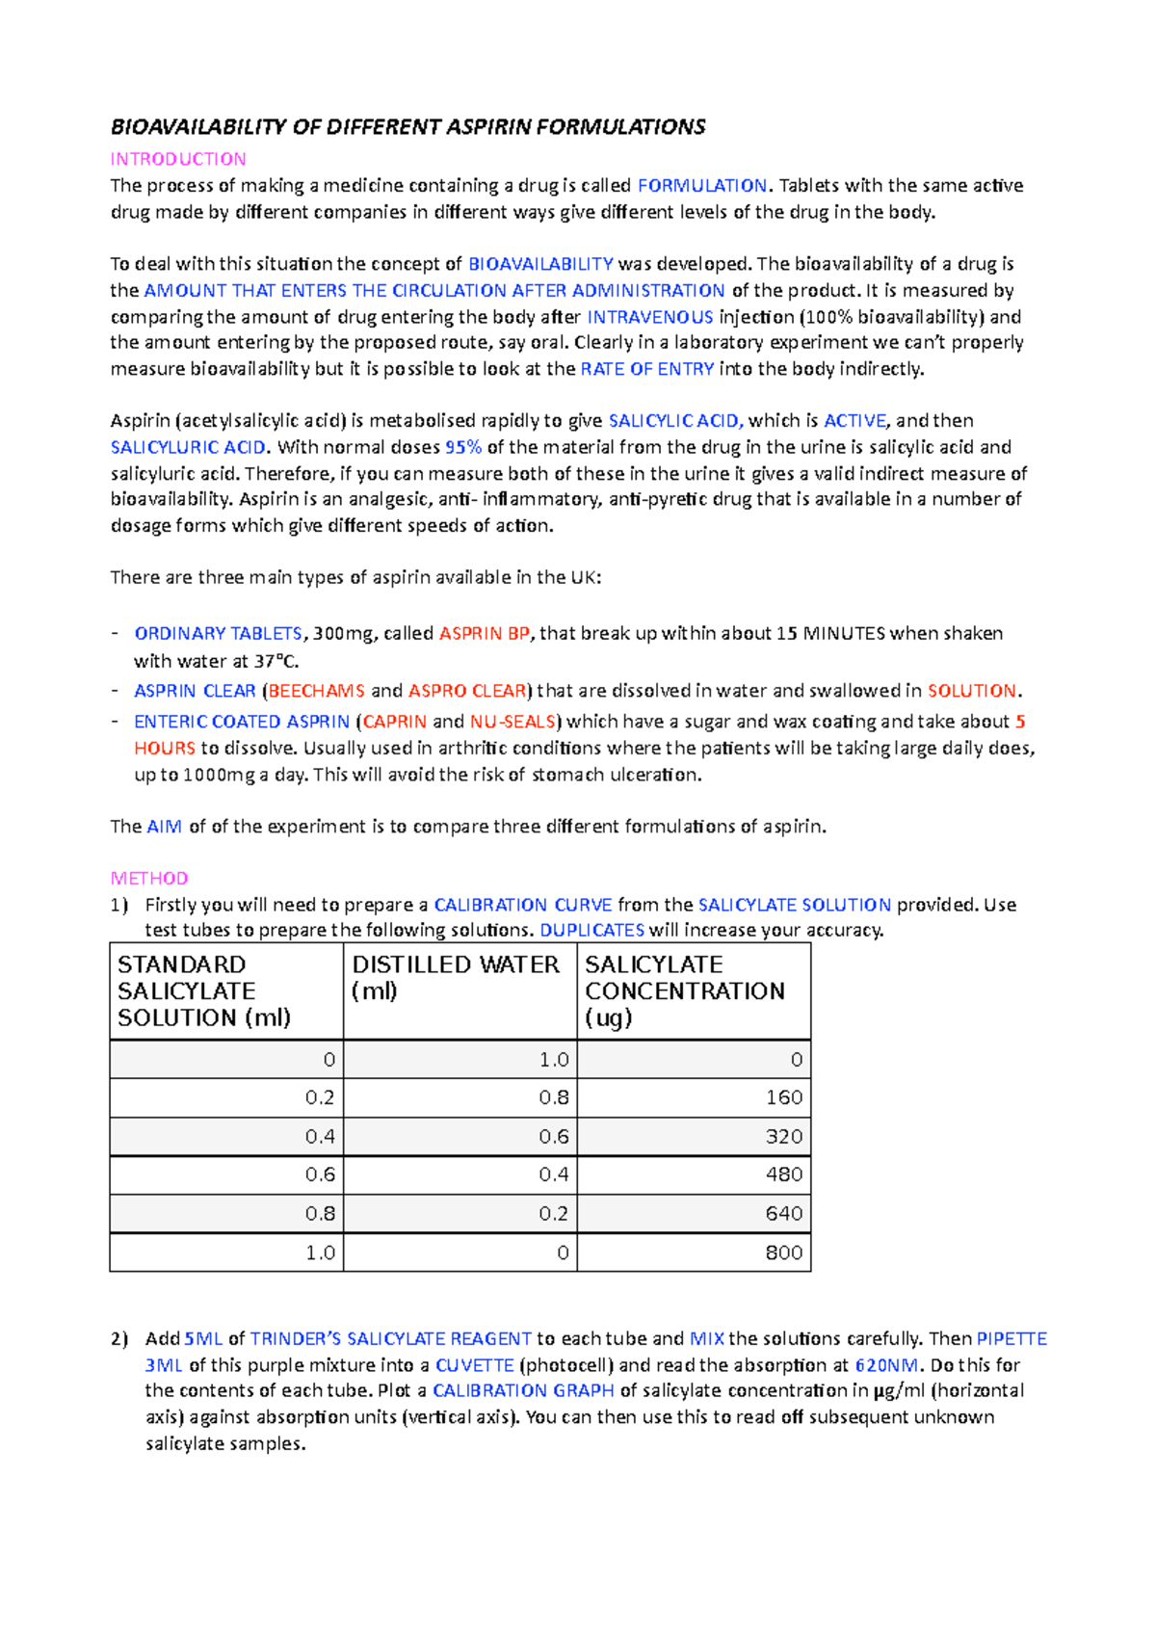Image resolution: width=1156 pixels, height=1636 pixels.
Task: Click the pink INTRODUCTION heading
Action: pos(178,159)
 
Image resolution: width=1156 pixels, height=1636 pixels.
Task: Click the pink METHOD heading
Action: pos(149,878)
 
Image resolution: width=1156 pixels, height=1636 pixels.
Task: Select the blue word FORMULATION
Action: pos(702,185)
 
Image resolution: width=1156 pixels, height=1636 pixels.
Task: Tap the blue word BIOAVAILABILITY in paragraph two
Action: pos(540,264)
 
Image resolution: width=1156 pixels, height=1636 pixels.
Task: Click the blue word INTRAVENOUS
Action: pos(650,317)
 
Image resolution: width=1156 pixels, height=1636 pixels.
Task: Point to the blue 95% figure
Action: pos(463,447)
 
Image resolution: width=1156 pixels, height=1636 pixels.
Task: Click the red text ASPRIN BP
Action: pos(485,634)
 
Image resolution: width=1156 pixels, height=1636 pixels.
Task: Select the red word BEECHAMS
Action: pos(317,691)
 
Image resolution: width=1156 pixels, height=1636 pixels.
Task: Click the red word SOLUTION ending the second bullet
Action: pos(971,691)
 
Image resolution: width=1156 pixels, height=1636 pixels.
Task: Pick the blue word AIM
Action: pos(164,827)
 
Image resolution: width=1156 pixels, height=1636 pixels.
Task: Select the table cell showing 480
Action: pos(694,1174)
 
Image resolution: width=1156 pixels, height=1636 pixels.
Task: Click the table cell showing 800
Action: pos(694,1253)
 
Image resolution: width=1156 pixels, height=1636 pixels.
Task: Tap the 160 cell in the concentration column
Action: pos(694,1097)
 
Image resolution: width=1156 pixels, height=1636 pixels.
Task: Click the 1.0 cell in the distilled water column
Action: pos(460,1060)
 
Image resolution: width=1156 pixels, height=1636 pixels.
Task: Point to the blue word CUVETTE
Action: pos(475,1365)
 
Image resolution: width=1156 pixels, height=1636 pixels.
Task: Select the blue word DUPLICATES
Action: pos(591,931)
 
